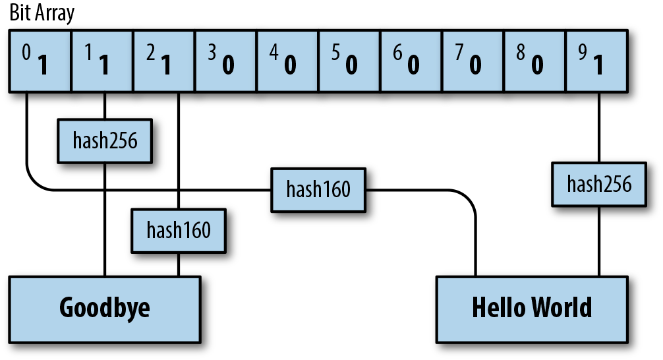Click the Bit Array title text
point(42,13)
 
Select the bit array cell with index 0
point(39,61)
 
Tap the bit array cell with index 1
point(101,61)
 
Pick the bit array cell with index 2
point(163,61)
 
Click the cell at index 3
point(225,61)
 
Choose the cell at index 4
point(287,61)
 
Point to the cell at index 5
point(349,61)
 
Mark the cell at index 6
point(411,61)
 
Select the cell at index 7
point(473,61)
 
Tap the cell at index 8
point(535,61)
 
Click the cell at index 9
point(597,61)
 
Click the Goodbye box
point(104,309)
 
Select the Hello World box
point(532,309)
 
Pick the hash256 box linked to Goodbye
point(105,140)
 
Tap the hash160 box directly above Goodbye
point(179,231)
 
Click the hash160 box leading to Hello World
point(318,190)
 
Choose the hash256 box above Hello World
point(599,184)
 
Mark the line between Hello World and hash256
point(599,241)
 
